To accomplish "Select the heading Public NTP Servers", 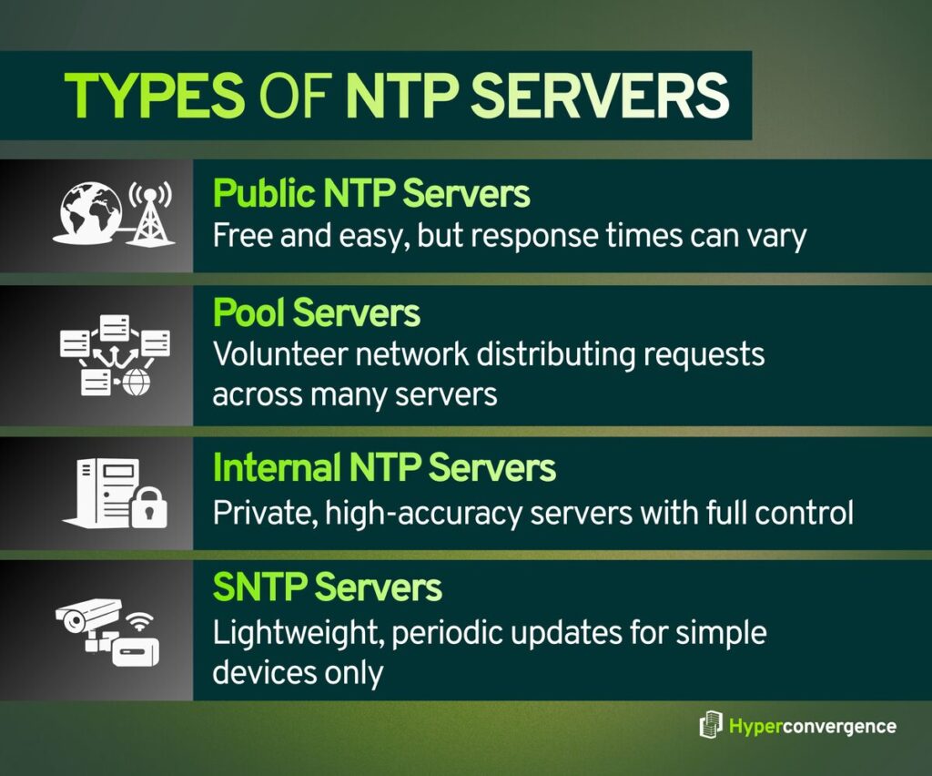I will pos(370,194).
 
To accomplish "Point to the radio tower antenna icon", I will pos(148,213).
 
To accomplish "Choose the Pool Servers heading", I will pos(316,313).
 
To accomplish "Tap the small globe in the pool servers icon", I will pos(136,383).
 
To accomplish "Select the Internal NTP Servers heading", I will pos(383,468).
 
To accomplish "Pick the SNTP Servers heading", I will pos(327,587).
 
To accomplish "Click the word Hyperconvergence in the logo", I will pos(812,726).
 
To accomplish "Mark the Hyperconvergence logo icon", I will pos(710,726).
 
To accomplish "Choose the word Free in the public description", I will pos(238,237).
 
